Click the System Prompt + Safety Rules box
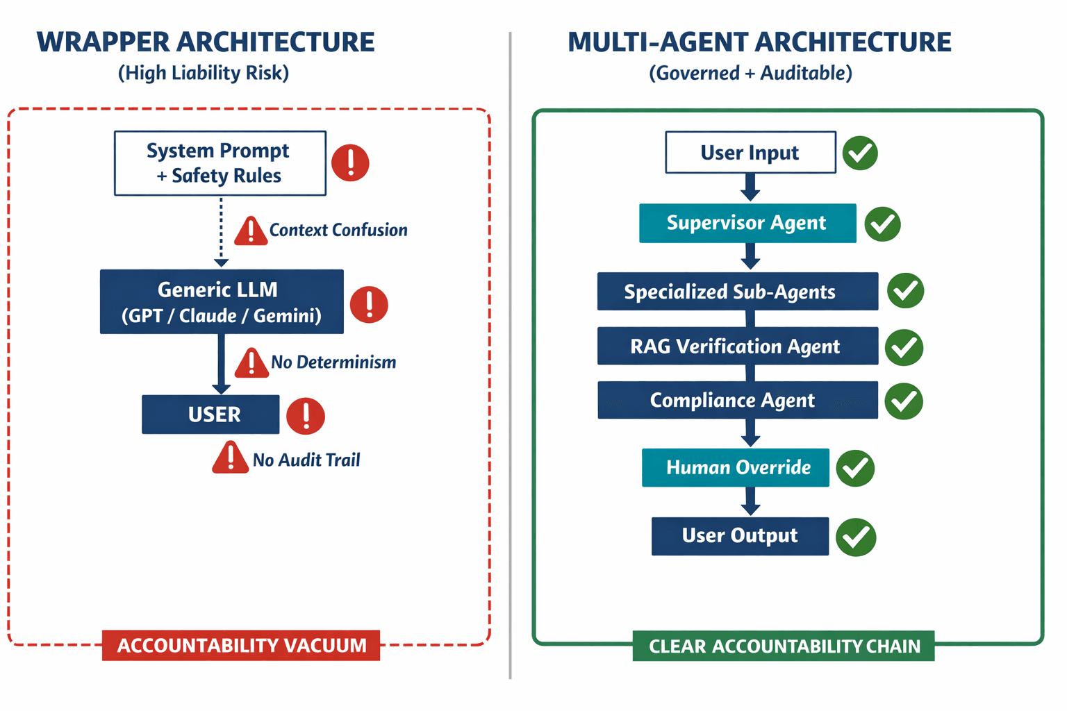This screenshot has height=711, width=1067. pos(220,163)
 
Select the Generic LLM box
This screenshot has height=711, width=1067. pos(222,302)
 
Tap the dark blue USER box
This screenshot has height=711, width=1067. pos(210,415)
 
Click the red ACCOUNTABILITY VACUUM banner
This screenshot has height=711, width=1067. pos(241,645)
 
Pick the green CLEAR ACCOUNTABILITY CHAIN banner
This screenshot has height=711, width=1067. pos(783,646)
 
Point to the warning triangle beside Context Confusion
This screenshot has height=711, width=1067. pos(251,232)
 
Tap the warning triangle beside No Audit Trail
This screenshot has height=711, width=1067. pos(230,459)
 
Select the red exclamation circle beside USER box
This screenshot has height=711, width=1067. pos(306,416)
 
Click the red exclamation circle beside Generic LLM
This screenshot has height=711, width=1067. pos(369,304)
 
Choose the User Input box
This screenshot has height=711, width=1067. pos(750,152)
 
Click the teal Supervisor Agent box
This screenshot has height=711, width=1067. pos(747,223)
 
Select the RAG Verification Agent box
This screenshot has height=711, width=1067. pos(737,346)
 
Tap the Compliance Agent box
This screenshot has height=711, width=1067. pos(737,400)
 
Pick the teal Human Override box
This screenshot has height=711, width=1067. pos(736,467)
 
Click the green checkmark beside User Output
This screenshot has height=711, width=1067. pos(856,537)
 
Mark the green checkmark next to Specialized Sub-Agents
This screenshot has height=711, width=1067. pos(905,290)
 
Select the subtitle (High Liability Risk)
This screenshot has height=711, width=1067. pos(204,73)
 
